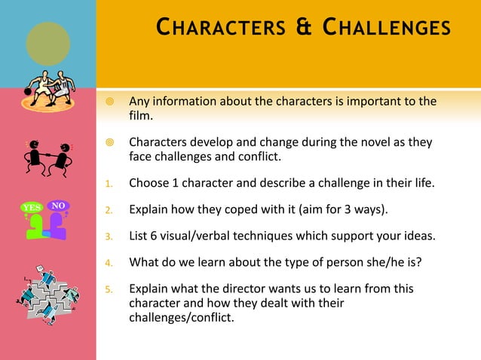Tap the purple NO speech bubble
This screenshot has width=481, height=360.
(x=58, y=205)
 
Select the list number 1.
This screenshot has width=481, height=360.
(x=109, y=183)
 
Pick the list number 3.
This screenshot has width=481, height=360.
(x=109, y=237)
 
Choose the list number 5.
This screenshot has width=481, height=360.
(x=109, y=290)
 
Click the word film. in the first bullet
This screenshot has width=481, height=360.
(x=141, y=116)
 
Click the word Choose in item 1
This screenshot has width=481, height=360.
(x=149, y=183)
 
